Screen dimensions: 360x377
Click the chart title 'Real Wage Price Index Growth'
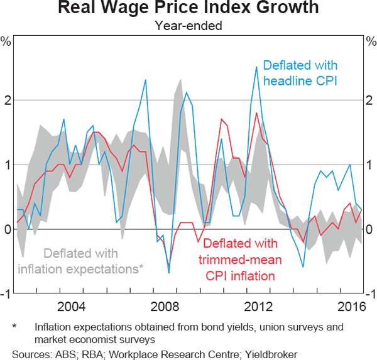188,9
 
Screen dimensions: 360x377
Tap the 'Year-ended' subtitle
188,26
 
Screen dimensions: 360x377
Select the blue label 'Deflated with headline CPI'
300,73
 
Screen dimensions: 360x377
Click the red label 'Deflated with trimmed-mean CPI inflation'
239,259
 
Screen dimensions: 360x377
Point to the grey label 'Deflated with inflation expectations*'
81,261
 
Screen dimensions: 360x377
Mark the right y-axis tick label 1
371,165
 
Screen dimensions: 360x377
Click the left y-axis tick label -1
5,294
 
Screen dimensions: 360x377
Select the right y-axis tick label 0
371,229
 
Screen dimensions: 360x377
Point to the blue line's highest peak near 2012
256,67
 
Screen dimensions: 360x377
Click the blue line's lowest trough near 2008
168,273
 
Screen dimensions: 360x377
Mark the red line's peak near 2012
256,113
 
